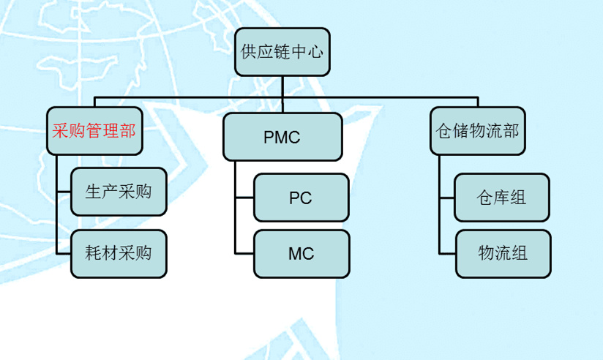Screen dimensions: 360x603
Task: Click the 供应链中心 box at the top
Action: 282,51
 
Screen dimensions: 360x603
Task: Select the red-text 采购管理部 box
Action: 95,131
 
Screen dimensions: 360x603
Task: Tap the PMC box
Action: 282,137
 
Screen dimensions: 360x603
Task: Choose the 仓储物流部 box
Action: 477,131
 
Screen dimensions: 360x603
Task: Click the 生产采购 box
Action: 119,192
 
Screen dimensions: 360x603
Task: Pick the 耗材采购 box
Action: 119,254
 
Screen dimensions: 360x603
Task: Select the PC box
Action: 301,198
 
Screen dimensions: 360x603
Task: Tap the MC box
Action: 301,254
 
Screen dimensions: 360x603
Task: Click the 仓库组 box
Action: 501,198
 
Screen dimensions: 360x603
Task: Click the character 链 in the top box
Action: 282,51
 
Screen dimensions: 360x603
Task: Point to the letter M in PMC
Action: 282,137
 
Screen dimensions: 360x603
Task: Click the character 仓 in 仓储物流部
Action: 442,131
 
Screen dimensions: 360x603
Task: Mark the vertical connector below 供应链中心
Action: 282,86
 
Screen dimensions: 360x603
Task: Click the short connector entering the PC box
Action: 244,198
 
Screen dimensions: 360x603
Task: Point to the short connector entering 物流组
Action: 447,254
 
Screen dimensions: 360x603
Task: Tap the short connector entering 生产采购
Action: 64,192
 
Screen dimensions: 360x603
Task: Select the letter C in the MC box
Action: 307,254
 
